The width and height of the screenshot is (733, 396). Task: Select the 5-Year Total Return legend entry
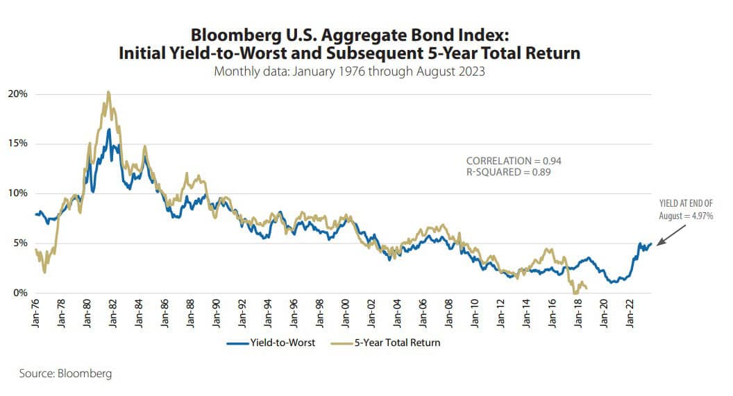coord(397,343)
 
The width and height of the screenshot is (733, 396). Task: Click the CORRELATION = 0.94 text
coord(513,161)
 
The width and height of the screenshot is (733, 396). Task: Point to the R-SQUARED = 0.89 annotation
coord(508,172)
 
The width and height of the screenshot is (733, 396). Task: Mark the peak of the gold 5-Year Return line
coord(108,92)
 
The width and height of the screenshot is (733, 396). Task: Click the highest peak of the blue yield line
coord(109,129)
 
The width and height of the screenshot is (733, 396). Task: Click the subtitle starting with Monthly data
coord(349,71)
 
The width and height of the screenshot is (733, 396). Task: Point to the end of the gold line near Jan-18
coord(587,287)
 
